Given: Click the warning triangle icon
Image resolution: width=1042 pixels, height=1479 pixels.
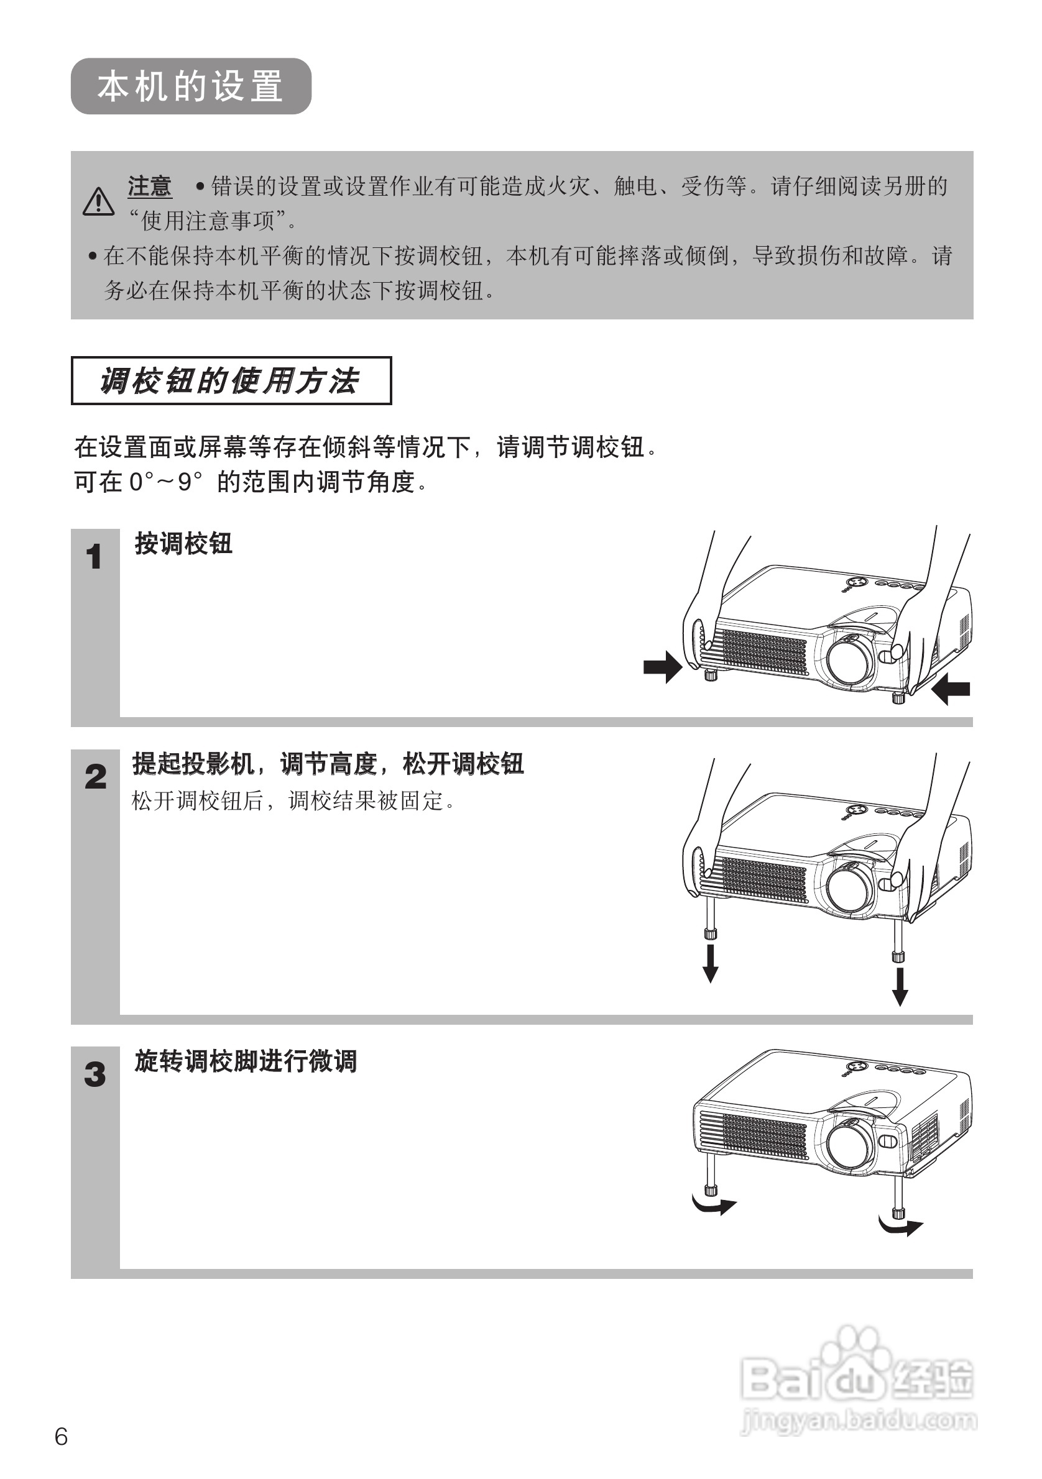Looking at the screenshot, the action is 99,201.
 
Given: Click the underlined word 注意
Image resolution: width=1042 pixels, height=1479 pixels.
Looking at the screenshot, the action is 149,187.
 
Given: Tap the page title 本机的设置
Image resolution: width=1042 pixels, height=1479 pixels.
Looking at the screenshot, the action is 191,86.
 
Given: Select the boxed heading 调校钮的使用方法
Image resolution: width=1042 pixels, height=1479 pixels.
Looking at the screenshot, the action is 231,381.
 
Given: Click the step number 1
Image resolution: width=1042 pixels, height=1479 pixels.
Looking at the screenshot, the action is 94,557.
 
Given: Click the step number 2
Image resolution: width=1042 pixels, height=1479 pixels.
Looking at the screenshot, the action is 95,777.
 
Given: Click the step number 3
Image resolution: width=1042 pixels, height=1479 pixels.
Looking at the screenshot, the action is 95,1074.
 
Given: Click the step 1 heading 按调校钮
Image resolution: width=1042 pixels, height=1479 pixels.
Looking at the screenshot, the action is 183,544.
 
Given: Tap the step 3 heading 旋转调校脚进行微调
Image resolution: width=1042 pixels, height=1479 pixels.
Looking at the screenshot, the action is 246,1061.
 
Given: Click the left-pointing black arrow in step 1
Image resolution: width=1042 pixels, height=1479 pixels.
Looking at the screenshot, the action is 951,689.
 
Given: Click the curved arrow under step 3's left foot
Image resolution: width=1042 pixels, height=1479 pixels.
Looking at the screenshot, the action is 714,1204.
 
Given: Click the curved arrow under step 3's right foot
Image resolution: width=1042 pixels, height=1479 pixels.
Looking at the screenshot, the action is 901,1226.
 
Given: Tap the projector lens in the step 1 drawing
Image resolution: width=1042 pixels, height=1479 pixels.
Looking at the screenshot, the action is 849,662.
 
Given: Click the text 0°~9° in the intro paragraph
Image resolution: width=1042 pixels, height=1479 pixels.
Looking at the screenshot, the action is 165,482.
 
